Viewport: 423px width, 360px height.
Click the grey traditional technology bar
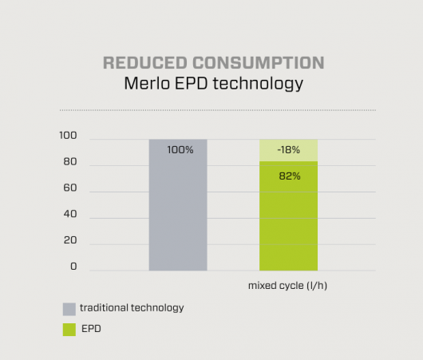coord(178,205)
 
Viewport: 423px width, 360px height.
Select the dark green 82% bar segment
coord(288,216)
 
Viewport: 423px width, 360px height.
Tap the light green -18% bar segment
coord(288,150)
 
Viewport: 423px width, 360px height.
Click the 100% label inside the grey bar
coord(180,150)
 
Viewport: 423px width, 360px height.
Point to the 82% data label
coord(290,176)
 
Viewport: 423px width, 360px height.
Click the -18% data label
coord(289,150)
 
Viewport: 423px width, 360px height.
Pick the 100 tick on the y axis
coord(68,135)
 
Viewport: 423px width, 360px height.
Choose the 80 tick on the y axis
coord(70,162)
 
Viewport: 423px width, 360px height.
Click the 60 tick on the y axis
coord(70,188)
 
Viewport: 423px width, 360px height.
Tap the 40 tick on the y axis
coord(70,214)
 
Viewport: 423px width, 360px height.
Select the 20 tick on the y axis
coord(70,240)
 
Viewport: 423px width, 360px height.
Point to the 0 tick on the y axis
coord(73,267)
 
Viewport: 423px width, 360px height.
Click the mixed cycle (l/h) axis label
coord(287,286)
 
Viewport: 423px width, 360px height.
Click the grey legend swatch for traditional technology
coord(69,309)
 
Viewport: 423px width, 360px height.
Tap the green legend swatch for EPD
coord(69,330)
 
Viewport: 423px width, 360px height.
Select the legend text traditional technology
coord(132,308)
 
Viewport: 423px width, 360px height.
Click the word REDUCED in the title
coord(145,62)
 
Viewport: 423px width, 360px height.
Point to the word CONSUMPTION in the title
coord(259,62)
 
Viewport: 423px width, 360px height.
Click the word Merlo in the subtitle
coord(147,83)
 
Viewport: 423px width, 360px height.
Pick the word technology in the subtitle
coord(258,84)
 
